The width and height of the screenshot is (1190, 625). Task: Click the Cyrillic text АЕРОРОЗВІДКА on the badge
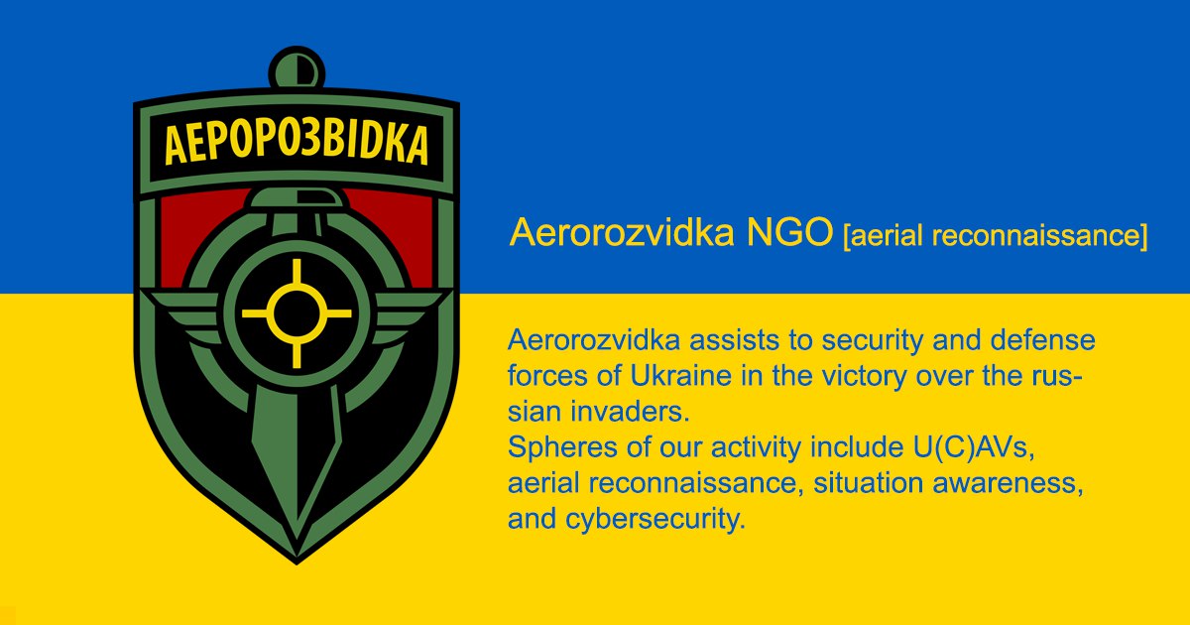(x=297, y=144)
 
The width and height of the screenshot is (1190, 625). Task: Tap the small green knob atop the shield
(x=297, y=67)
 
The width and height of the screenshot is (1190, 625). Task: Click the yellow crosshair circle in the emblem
(x=297, y=313)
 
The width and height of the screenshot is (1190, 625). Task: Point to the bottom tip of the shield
(x=297, y=563)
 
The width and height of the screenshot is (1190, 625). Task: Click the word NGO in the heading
(x=790, y=232)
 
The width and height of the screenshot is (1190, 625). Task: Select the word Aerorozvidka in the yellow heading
(x=622, y=232)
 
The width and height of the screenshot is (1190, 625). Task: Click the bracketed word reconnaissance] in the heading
(x=1039, y=235)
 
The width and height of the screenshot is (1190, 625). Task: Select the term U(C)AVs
(x=974, y=447)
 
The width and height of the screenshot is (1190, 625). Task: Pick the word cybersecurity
(x=655, y=519)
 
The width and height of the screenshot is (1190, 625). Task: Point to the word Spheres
(x=563, y=448)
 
